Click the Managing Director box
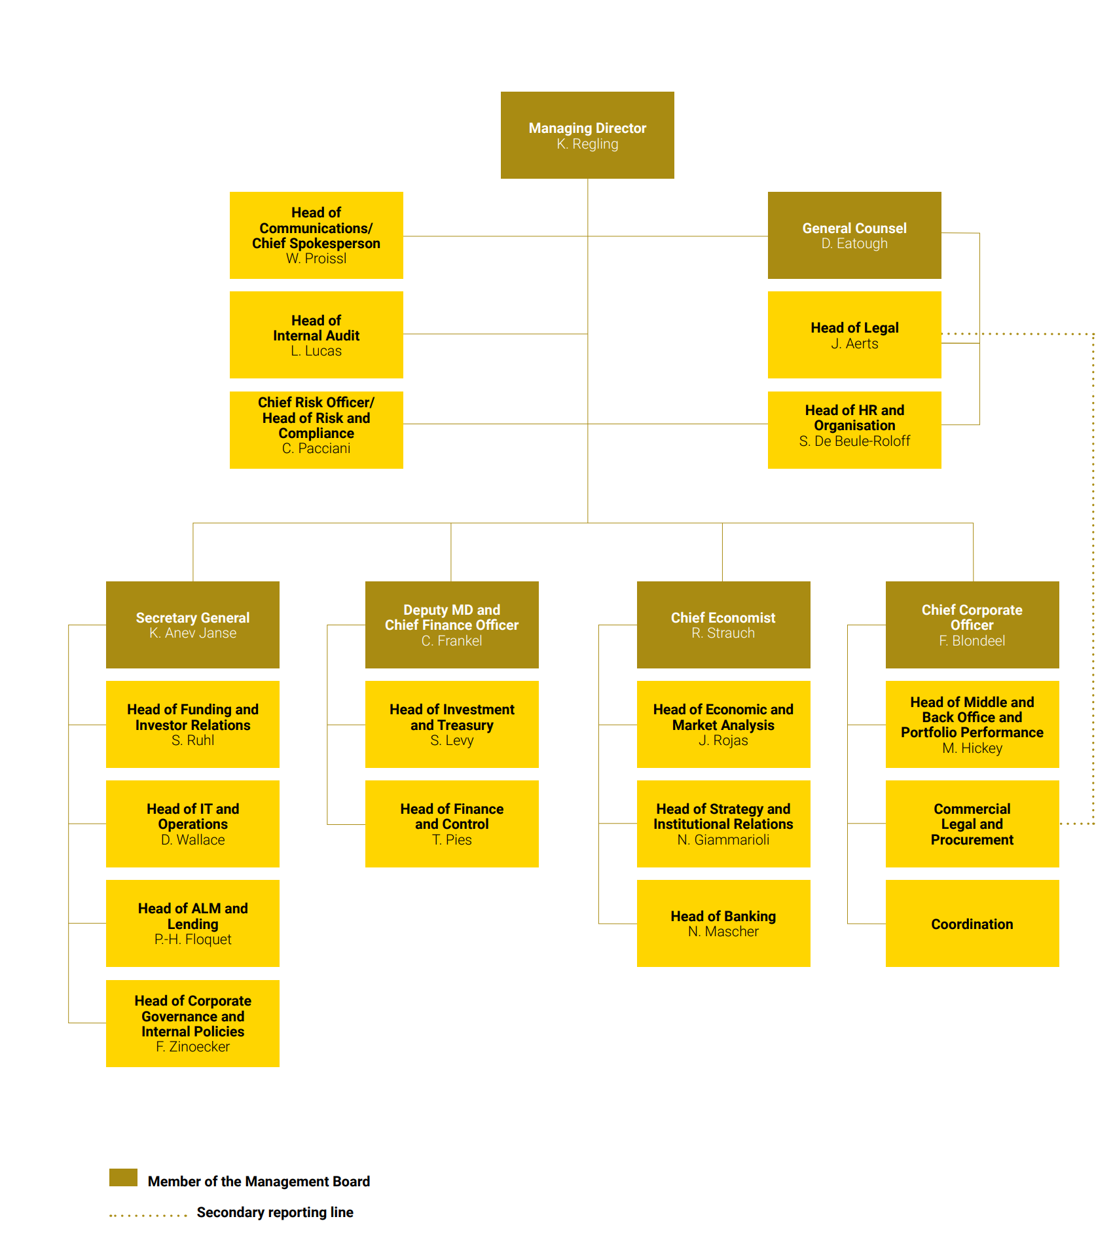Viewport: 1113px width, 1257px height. tap(587, 135)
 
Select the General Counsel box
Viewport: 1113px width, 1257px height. tap(854, 235)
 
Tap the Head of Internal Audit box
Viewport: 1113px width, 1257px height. tap(316, 335)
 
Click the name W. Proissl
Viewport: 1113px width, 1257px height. tap(316, 259)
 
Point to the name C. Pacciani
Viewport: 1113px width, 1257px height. tap(316, 448)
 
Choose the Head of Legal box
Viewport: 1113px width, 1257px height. tap(854, 335)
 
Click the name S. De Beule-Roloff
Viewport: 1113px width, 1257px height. tap(854, 441)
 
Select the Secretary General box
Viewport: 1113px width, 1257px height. tap(192, 625)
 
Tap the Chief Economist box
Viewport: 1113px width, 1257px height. tap(723, 625)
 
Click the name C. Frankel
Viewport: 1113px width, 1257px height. tap(452, 641)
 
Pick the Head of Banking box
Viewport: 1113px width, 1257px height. tap(723, 923)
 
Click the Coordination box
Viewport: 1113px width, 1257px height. tap(972, 923)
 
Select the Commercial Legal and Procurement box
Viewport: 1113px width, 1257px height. tap(972, 824)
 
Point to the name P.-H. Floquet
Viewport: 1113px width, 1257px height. tap(192, 939)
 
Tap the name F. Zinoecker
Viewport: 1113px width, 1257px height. tap(192, 1047)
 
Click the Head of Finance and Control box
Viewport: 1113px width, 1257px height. tap(452, 824)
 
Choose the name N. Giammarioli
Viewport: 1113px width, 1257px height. tap(723, 840)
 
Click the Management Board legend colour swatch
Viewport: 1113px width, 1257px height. tap(123, 1177)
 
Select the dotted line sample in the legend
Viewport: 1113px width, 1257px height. tap(149, 1216)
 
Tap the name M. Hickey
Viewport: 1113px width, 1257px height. tap(972, 748)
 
